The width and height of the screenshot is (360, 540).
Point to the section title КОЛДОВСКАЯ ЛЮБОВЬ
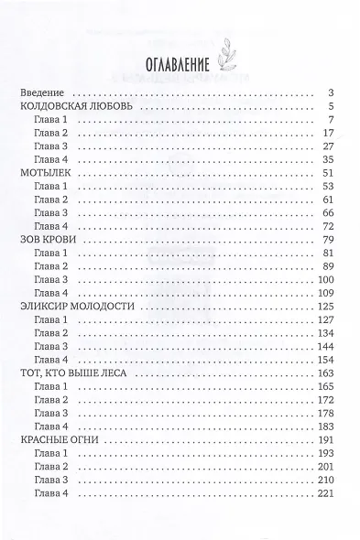click(x=77, y=107)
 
